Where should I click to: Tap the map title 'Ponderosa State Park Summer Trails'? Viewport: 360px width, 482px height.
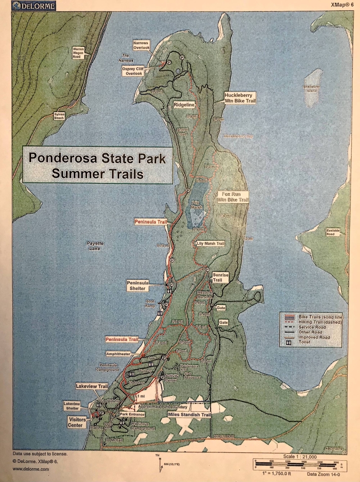[x=96, y=166]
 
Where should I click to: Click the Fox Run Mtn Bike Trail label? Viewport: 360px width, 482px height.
[x=233, y=196]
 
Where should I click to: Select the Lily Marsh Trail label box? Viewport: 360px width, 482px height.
[x=211, y=244]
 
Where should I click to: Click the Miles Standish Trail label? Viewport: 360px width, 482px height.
[x=189, y=414]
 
